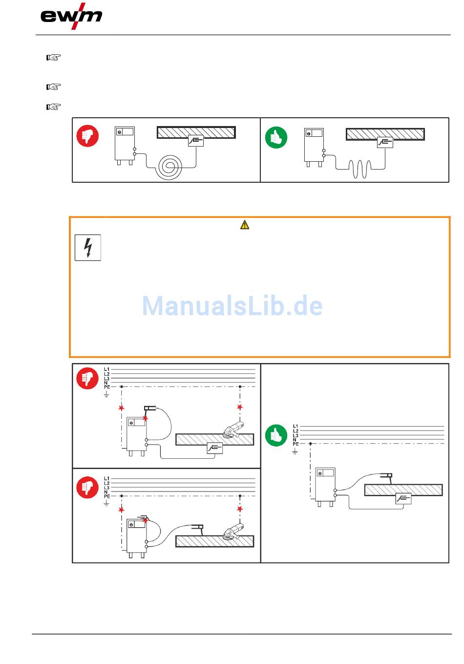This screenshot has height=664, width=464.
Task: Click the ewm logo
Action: pyautogui.click(x=71, y=17)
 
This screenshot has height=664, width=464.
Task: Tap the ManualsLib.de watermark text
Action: pyautogui.click(x=232, y=306)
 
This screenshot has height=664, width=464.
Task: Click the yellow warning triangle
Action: pyautogui.click(x=245, y=225)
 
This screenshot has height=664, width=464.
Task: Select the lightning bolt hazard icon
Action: pyautogui.click(x=88, y=248)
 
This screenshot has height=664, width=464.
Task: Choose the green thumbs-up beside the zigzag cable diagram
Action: pyautogui.click(x=276, y=137)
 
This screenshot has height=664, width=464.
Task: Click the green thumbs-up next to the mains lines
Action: pyautogui.click(x=276, y=435)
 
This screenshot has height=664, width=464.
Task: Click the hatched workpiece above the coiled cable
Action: pyautogui.click(x=196, y=132)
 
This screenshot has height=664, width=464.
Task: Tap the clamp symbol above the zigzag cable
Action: pyautogui.click(x=385, y=142)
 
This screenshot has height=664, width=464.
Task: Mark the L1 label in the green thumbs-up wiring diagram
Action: pyautogui.click(x=295, y=427)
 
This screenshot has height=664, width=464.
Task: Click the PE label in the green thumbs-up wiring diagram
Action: pyautogui.click(x=295, y=444)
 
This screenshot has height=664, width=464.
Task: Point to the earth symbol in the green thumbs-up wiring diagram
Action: pyautogui.click(x=295, y=452)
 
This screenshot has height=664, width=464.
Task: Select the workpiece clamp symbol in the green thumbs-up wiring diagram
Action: pyautogui.click(x=403, y=498)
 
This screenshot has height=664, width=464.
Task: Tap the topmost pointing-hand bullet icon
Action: pyautogui.click(x=53, y=58)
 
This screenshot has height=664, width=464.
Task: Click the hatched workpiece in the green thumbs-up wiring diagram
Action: pyautogui.click(x=403, y=490)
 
